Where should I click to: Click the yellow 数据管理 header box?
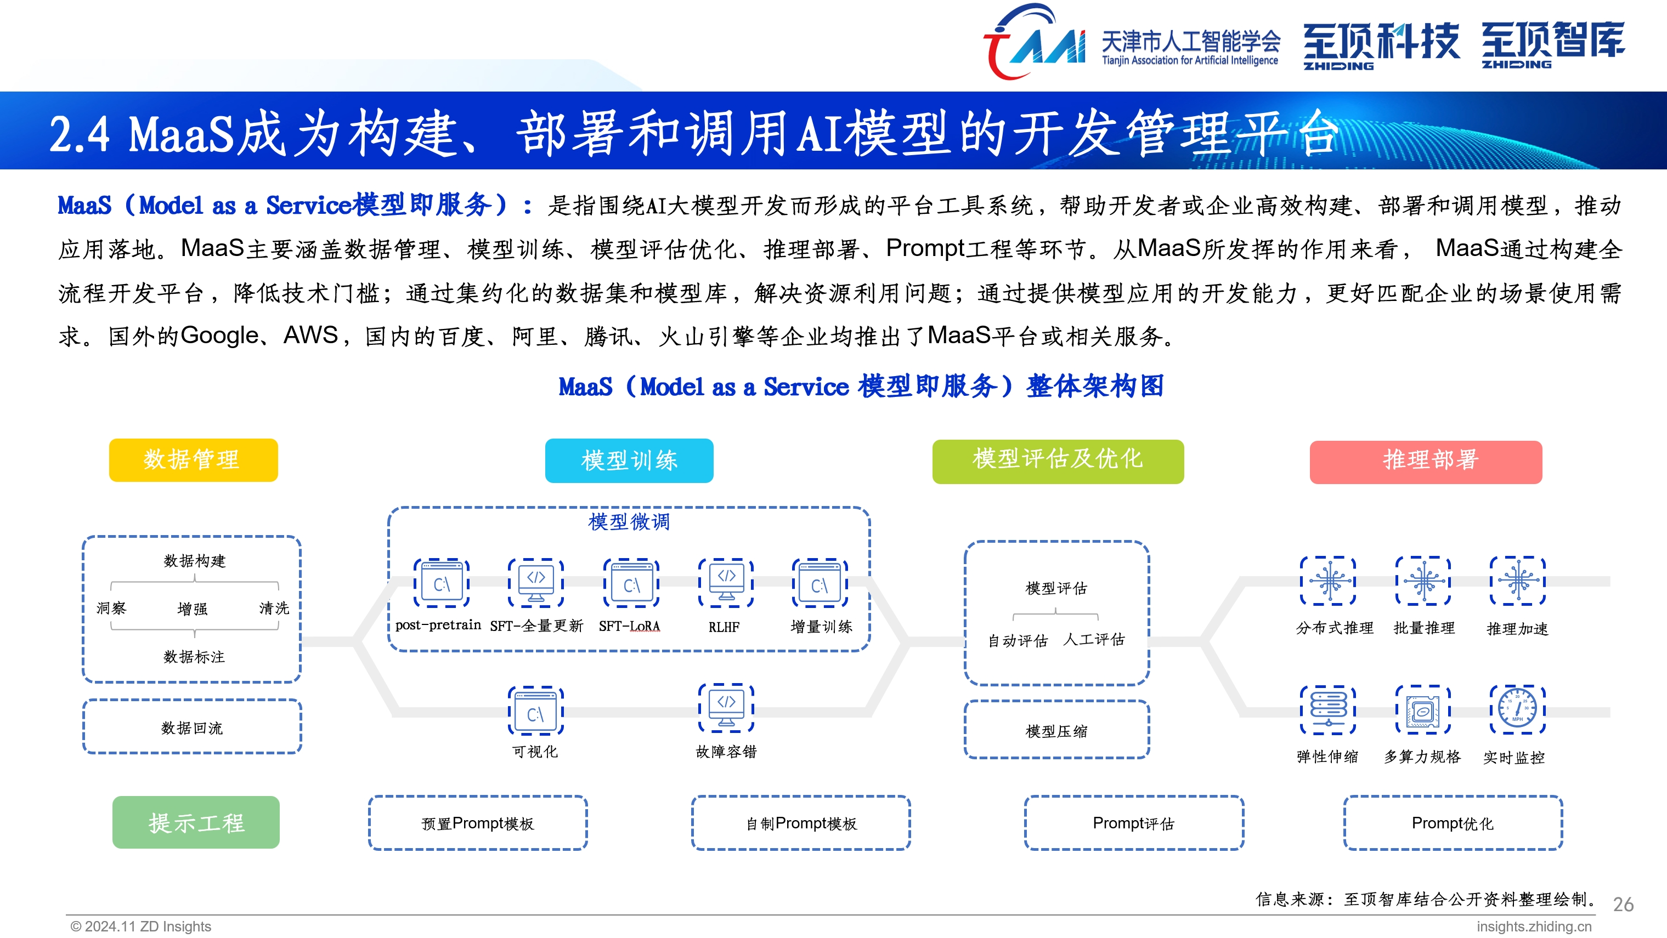193,460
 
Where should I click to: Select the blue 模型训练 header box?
629,461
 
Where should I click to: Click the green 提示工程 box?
195,822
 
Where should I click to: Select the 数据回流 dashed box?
191,726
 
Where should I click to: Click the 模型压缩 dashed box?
1056,730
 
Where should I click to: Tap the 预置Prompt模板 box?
478,823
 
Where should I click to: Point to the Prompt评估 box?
1133,823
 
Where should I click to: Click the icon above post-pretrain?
442,583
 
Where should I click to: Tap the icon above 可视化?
535,711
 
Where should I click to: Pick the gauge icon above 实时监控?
1517,709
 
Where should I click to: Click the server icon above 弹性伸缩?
1328,709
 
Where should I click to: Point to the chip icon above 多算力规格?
1422,709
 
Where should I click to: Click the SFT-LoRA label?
629,626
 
